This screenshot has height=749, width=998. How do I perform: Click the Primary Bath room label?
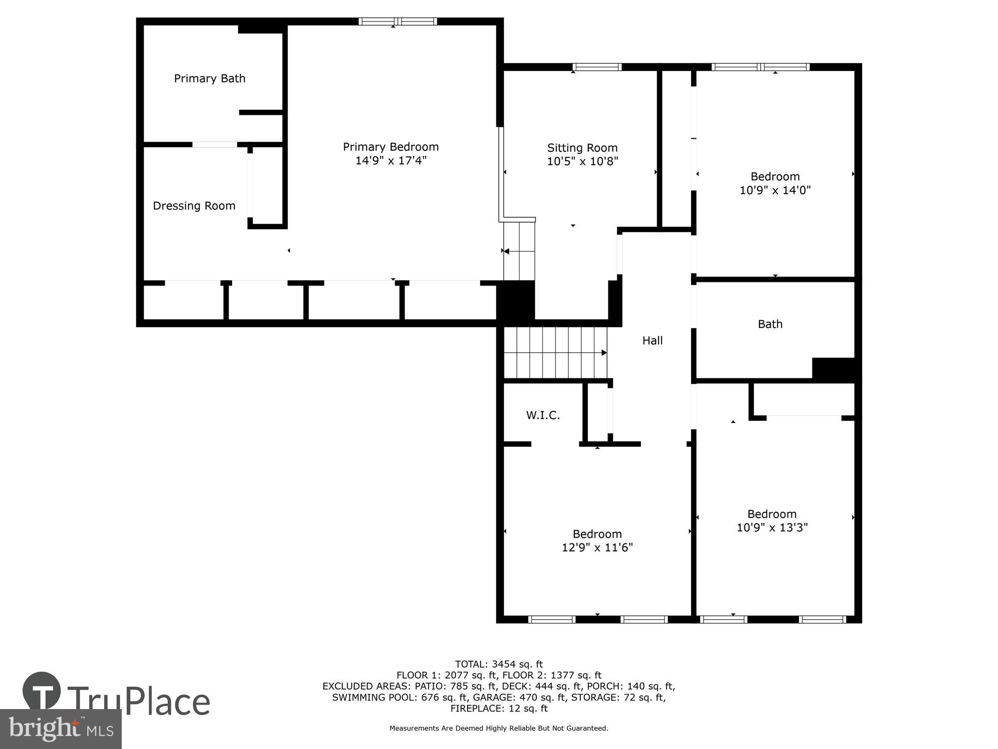(x=210, y=78)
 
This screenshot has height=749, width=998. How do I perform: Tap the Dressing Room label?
(x=194, y=206)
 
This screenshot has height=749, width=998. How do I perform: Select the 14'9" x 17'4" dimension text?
(x=391, y=161)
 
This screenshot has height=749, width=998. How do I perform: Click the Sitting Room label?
(x=582, y=148)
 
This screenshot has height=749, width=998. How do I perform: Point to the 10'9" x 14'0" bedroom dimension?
(x=774, y=190)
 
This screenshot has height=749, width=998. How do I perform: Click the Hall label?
(x=652, y=341)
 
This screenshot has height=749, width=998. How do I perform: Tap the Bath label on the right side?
(x=770, y=324)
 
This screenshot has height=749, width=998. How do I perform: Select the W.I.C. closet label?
(x=543, y=415)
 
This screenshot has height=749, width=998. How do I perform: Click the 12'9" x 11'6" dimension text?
(x=597, y=548)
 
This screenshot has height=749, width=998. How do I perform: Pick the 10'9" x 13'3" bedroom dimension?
(x=772, y=528)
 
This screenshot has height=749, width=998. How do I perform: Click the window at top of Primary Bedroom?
(x=398, y=21)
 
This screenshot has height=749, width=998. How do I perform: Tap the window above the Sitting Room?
(x=597, y=67)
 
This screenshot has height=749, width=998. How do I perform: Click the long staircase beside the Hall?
(x=555, y=353)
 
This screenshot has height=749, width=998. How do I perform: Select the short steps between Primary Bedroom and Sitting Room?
(x=519, y=251)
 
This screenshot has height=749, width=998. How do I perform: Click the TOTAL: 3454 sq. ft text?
(x=499, y=664)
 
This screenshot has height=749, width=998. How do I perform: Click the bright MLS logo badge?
(x=60, y=729)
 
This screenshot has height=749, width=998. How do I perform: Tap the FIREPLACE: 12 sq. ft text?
(x=499, y=709)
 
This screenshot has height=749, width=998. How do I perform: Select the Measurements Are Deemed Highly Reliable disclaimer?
(x=499, y=729)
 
